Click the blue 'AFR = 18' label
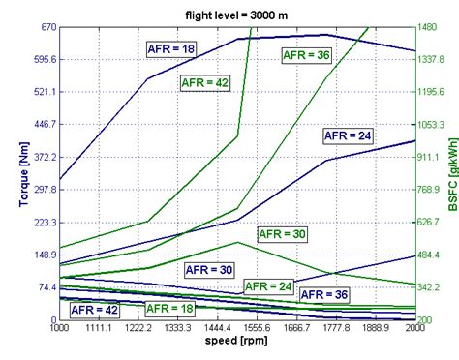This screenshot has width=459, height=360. [170, 46]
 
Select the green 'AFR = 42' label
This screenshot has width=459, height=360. [205, 82]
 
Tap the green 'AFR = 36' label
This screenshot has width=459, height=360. [306, 55]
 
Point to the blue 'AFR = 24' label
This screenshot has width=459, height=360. [348, 136]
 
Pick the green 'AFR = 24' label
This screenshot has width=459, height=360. [268, 286]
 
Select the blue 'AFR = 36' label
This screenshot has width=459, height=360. [325, 294]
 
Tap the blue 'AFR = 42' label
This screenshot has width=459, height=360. [95, 309]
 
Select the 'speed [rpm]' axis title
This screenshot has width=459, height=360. [236, 342]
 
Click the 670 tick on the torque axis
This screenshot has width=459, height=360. [46, 27]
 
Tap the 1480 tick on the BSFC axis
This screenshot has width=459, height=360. [432, 27]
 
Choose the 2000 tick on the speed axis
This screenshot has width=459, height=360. [415, 330]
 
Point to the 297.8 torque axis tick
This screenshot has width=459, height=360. [41, 190]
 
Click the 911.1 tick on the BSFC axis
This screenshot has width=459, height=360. [432, 157]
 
